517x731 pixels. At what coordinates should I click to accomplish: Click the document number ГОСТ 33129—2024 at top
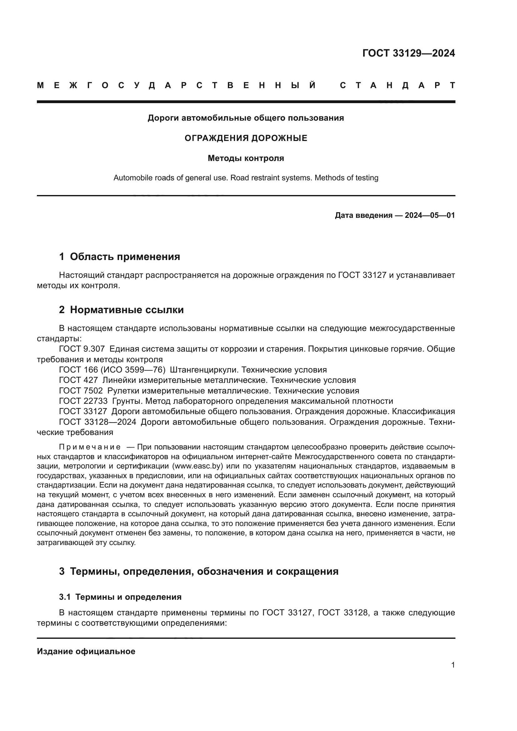coord(409,53)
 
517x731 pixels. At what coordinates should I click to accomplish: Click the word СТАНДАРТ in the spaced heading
coord(397,86)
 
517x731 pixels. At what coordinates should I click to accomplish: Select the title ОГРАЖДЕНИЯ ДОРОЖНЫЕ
coord(246,138)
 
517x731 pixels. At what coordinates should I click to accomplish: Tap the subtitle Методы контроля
coord(246,158)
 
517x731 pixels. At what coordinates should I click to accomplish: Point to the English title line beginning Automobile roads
coord(246,178)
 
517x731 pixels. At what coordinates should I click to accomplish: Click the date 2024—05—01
coord(429,216)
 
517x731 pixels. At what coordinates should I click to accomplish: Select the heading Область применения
coord(125,257)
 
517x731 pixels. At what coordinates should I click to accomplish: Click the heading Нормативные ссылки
coord(127,310)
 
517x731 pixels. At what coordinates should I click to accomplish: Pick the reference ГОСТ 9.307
coord(82,349)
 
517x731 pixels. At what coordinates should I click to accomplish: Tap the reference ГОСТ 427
coord(78,380)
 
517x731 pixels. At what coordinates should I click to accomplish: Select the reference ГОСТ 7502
coord(81,391)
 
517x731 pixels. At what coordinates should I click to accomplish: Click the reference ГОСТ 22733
coord(83,401)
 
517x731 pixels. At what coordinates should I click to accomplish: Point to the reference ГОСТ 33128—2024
coord(98,422)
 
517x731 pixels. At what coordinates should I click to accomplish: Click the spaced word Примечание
coord(90,447)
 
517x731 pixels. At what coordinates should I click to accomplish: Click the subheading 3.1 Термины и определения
coord(120,597)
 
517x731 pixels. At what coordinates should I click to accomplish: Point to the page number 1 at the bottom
coord(453,665)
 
